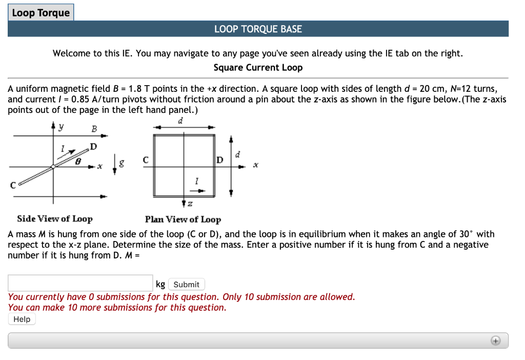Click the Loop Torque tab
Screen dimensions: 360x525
click(x=41, y=13)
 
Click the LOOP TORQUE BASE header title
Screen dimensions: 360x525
click(x=258, y=29)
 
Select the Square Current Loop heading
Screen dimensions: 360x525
click(x=258, y=68)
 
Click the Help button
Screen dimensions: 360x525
click(x=22, y=319)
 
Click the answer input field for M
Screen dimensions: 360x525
click(x=80, y=284)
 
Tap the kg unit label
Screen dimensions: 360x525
click(x=160, y=284)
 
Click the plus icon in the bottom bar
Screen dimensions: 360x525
click(x=495, y=341)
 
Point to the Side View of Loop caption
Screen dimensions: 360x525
click(x=55, y=219)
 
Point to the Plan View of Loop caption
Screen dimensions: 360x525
click(x=183, y=219)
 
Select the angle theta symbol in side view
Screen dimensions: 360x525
click(x=77, y=161)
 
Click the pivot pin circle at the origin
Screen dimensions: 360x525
click(x=53, y=167)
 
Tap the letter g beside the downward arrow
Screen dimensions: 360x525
click(x=122, y=164)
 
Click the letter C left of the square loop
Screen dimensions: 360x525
click(x=146, y=160)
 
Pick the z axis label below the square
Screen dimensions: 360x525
click(x=190, y=205)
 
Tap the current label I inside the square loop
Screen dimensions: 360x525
click(x=196, y=180)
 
